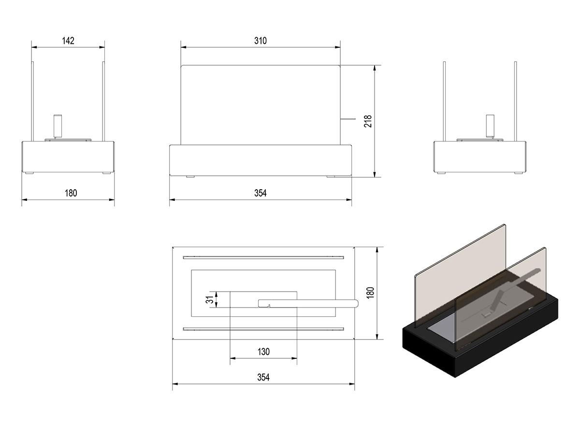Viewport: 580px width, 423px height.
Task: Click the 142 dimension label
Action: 68,41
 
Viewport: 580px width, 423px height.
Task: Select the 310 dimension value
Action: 260,41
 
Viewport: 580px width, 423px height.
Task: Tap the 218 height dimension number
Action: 368,121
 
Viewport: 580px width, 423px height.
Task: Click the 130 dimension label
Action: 263,352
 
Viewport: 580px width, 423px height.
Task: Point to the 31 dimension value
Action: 209,299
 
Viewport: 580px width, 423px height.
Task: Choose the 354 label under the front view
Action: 260,193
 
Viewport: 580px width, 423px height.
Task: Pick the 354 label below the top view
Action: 263,377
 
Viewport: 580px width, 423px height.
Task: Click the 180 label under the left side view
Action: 71,193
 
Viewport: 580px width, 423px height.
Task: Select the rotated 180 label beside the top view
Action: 370,293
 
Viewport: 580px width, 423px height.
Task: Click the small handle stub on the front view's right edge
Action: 348,119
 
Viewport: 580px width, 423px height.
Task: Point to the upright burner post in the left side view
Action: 58,126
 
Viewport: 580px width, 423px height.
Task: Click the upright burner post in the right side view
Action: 490,126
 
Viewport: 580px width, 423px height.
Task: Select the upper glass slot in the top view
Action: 263,257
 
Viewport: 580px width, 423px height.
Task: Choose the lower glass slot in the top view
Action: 263,329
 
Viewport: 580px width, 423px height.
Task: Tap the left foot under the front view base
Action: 190,177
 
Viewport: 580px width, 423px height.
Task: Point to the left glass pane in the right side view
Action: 444,101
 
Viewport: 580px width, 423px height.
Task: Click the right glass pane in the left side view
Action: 103,101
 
